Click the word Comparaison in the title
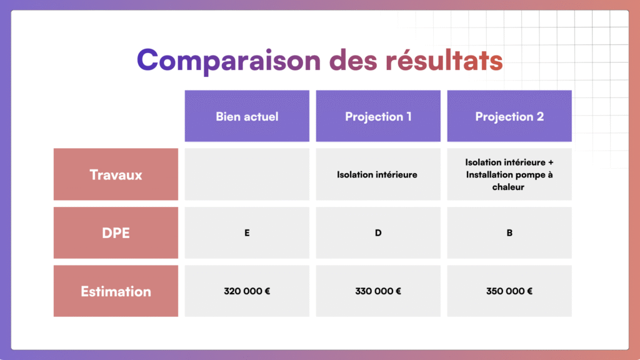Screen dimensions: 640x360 [229, 61]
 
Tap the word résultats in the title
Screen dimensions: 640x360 [444, 59]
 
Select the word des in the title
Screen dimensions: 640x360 [353, 59]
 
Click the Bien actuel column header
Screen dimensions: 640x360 [247, 116]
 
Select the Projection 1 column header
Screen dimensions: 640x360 [378, 116]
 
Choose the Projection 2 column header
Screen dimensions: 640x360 [509, 116]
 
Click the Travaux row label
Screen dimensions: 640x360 [116, 174]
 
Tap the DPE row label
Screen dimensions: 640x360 [116, 232]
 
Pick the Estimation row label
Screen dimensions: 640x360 [116, 291]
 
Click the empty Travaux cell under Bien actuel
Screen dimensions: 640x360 [247, 174]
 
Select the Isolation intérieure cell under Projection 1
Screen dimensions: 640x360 [378, 174]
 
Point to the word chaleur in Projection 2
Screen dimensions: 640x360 [508, 187]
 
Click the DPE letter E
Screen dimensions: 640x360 [247, 232]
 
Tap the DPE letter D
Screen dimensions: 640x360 [378, 232]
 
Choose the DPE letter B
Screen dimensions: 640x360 [509, 232]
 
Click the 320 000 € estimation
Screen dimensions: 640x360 [247, 291]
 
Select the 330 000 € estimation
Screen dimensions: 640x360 [378, 291]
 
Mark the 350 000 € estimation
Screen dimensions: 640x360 [509, 291]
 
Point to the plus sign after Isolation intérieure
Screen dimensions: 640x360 [551, 162]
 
